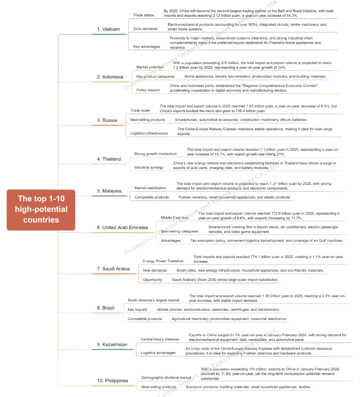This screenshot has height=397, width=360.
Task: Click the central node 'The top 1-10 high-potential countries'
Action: (x=41, y=209)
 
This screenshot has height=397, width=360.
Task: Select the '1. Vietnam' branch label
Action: (x=108, y=29)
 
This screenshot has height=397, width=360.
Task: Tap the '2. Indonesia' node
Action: (x=110, y=77)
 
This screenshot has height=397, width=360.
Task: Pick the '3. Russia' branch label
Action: (x=107, y=121)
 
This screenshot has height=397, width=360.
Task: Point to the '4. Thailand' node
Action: (x=109, y=159)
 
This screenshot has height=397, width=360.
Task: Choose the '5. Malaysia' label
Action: (x=109, y=191)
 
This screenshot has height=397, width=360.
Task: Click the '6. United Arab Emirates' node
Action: (x=122, y=228)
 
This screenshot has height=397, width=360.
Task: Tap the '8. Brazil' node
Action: (x=105, y=308)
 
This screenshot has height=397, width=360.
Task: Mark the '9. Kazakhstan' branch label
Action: (x=112, y=345)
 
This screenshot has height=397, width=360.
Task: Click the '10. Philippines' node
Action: (x=112, y=381)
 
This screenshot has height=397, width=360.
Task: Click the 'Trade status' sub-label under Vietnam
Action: (x=143, y=15)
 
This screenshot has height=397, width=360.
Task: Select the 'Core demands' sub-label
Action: (x=145, y=29)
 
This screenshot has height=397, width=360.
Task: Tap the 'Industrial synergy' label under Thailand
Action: (x=149, y=167)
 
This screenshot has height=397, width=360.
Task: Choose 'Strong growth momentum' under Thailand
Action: (x=155, y=154)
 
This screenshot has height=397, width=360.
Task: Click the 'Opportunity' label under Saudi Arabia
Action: (x=152, y=280)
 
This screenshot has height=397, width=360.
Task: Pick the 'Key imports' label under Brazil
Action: (x=138, y=310)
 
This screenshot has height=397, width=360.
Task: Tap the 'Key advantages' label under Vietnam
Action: (x=146, y=47)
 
